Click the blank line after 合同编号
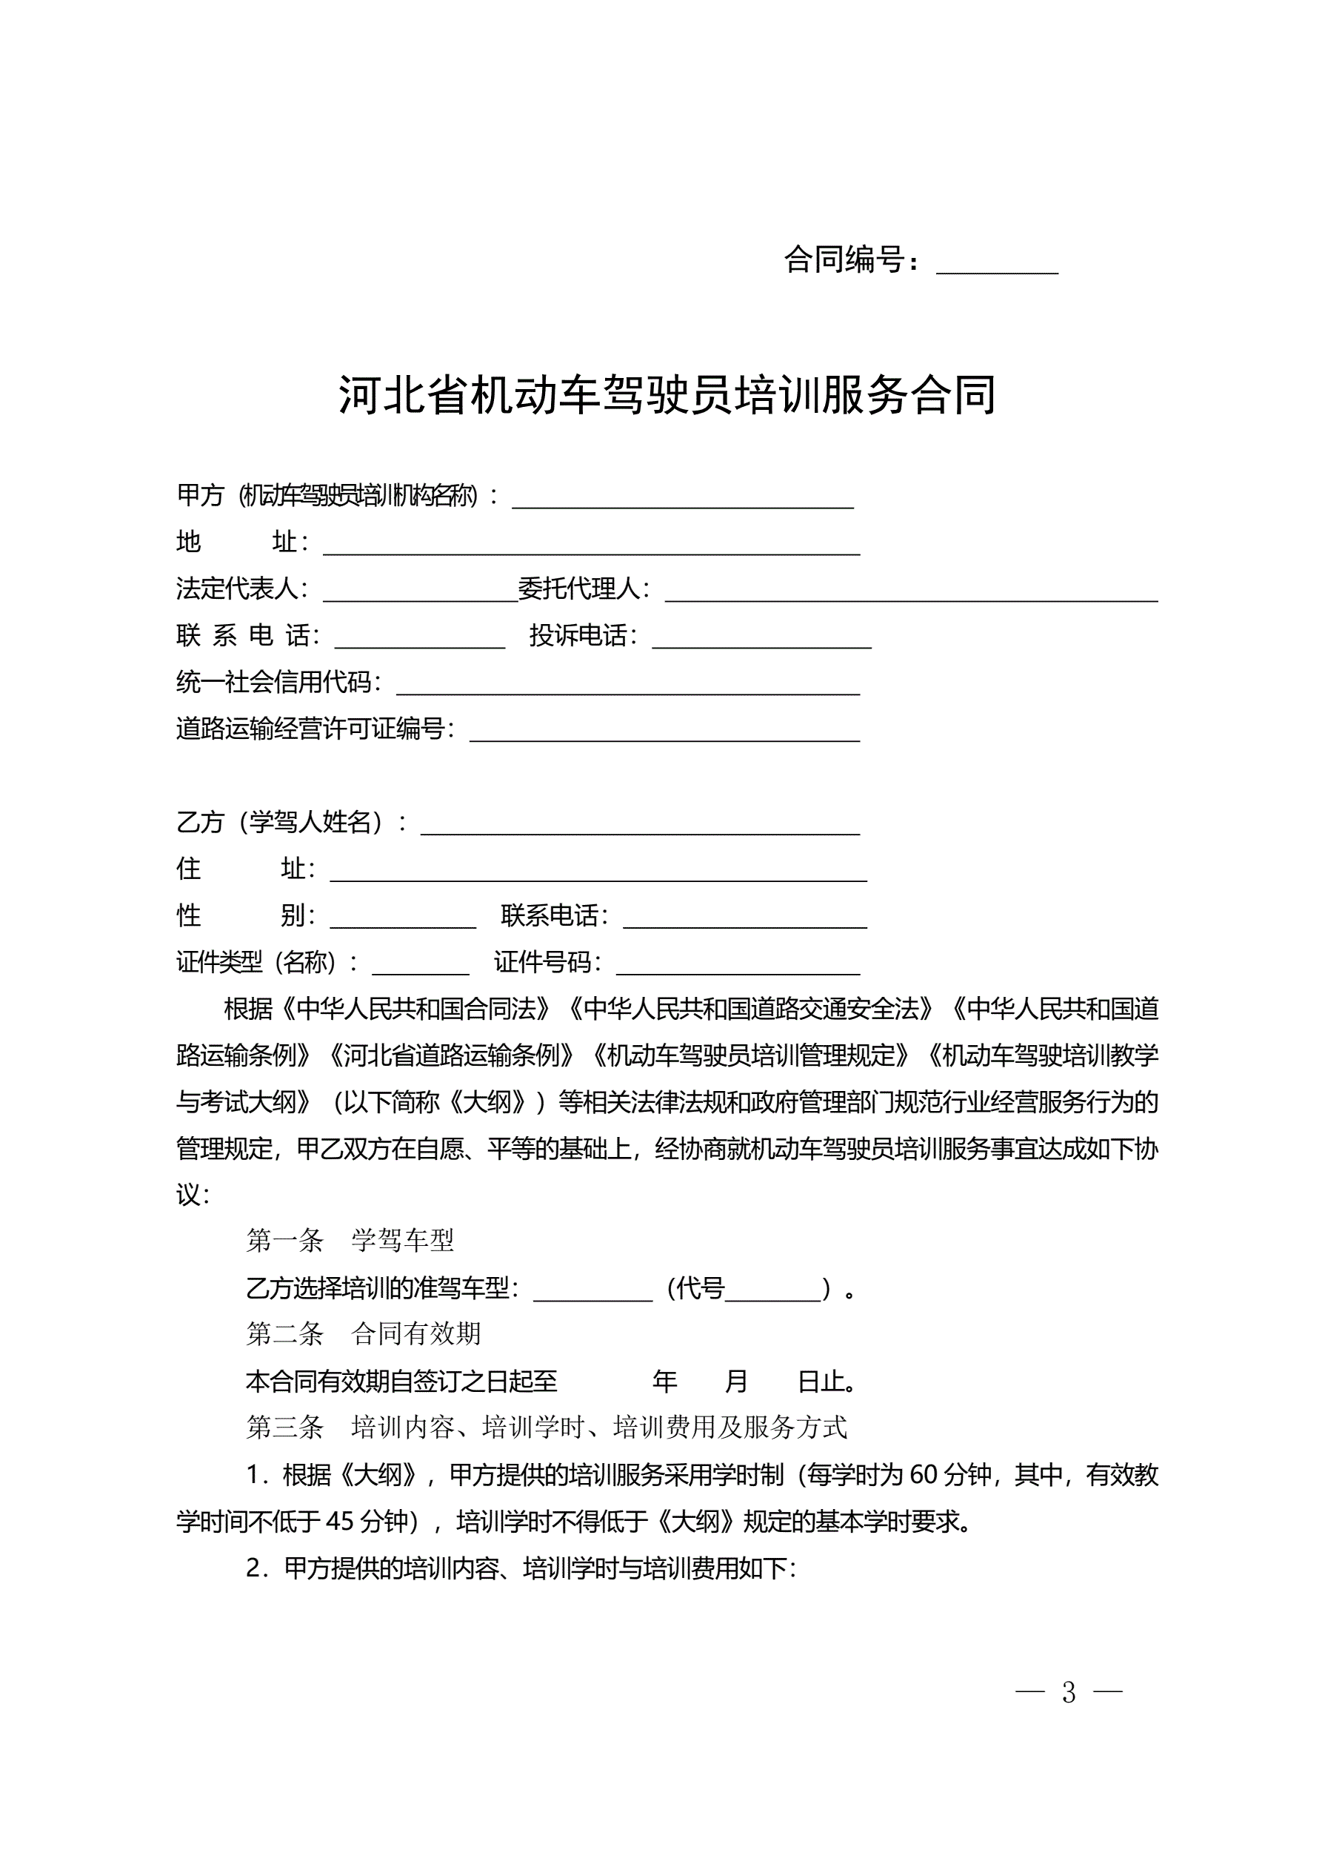(996, 264)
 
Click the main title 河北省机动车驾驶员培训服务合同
(667, 396)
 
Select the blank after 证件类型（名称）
(420, 966)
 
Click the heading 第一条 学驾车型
(350, 1241)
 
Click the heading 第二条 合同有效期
(363, 1334)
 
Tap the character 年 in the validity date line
(665, 1382)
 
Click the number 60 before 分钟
(924, 1475)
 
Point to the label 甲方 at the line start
(199, 495)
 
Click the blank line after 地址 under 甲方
(591, 546)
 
